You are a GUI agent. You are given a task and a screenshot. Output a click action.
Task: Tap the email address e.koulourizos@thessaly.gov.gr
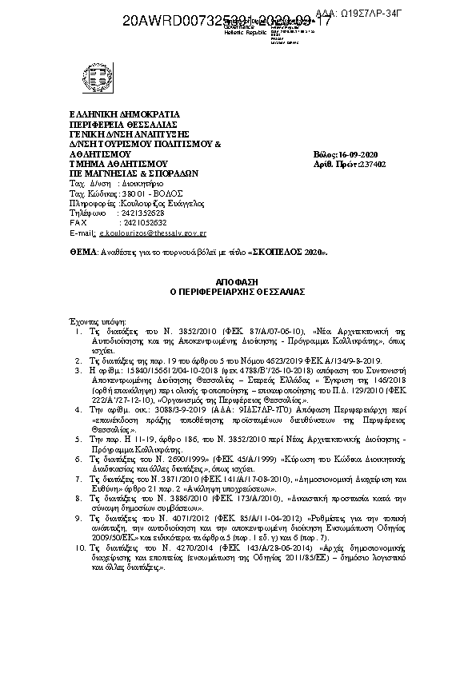(151, 233)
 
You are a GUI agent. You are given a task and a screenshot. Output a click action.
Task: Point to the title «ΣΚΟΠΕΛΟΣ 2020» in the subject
(288, 252)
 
